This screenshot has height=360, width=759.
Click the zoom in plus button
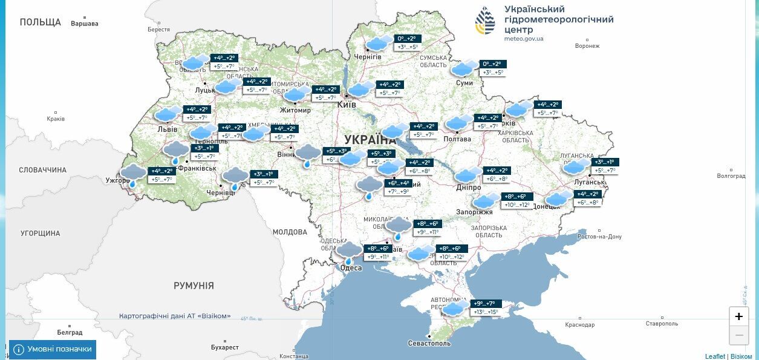[x=738, y=316]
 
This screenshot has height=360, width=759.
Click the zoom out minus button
[x=738, y=335]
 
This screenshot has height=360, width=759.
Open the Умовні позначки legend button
[x=53, y=349]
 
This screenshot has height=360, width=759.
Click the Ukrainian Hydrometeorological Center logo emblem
[x=485, y=21]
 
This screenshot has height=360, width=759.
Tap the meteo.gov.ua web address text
[x=524, y=39]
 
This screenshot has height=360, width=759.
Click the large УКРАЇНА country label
[x=370, y=139]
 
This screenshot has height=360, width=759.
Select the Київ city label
[x=347, y=105]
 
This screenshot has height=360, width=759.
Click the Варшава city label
[x=84, y=24]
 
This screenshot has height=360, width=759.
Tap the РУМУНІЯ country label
[x=194, y=285]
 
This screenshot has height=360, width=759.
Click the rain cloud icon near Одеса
[x=349, y=252]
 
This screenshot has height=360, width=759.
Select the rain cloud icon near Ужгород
[x=133, y=175]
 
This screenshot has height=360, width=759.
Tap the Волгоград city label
[x=731, y=176]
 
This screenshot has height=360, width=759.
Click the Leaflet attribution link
[x=715, y=356]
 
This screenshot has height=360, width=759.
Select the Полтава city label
[x=457, y=139]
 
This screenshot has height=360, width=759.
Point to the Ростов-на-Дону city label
[x=599, y=237]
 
